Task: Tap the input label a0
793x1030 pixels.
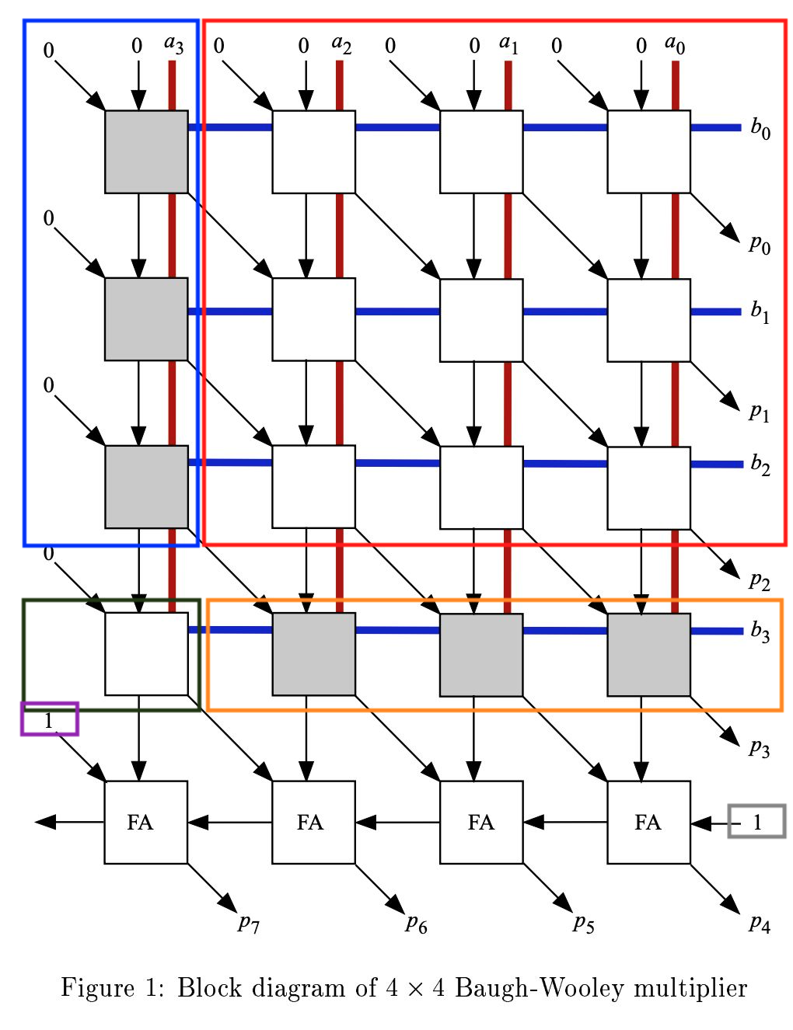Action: click(x=674, y=44)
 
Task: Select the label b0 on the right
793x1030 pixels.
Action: click(x=760, y=128)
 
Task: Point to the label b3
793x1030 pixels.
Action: click(x=760, y=632)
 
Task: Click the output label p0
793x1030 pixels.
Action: click(x=759, y=245)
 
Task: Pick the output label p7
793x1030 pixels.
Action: click(x=249, y=924)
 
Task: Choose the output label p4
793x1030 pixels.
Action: click(x=759, y=924)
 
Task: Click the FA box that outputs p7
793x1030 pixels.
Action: click(x=146, y=822)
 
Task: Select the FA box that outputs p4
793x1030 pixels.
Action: click(x=648, y=822)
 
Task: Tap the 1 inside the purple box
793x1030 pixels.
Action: click(x=49, y=720)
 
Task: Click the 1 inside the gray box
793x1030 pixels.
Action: click(x=757, y=822)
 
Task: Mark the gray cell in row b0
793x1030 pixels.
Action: click(x=146, y=151)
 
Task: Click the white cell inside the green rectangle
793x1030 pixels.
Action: click(x=146, y=653)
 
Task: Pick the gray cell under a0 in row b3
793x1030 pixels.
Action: click(x=648, y=654)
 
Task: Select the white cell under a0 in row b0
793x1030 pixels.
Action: click(x=648, y=151)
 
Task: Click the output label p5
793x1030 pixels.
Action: click(x=583, y=924)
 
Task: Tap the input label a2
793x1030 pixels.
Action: click(x=341, y=44)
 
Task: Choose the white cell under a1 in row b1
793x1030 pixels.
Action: click(x=481, y=319)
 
